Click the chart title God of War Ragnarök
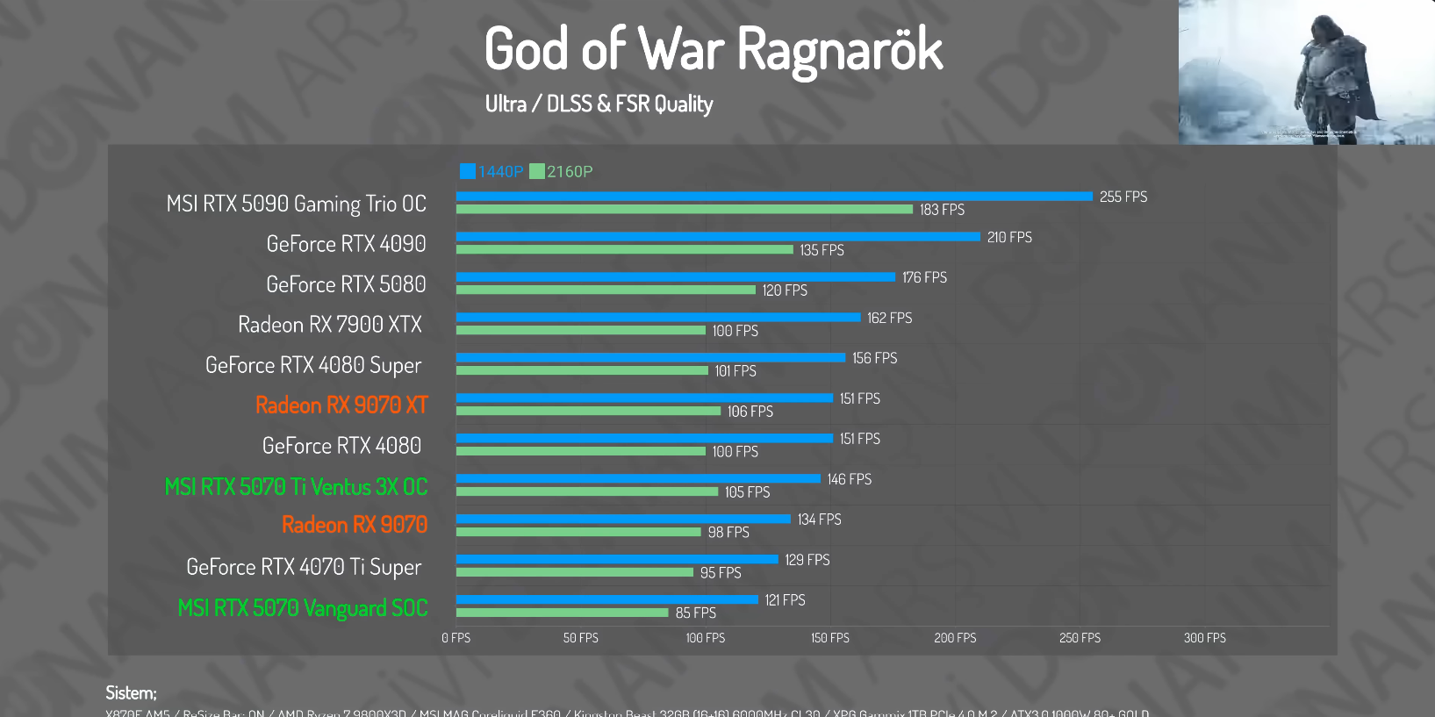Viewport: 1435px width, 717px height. click(x=713, y=49)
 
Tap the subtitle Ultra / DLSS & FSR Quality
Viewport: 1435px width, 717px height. click(x=599, y=104)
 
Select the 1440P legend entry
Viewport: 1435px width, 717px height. click(x=491, y=171)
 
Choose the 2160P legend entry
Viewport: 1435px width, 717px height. click(x=562, y=171)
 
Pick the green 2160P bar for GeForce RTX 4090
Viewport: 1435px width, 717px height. click(x=624, y=250)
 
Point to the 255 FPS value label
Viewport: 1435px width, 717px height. click(x=1123, y=197)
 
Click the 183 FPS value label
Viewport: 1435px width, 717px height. click(x=942, y=210)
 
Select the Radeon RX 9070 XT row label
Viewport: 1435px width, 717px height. click(x=341, y=405)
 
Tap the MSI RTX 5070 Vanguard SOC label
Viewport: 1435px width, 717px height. click(x=303, y=608)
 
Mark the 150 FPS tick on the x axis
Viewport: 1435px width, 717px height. click(x=830, y=638)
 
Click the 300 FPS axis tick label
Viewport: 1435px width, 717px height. click(x=1204, y=638)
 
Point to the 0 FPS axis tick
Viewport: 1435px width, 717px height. click(x=456, y=638)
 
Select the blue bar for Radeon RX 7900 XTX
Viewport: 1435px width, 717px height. click(x=658, y=318)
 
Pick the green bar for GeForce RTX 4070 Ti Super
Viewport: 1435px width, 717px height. click(x=575, y=573)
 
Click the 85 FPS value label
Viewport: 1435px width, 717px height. click(x=696, y=613)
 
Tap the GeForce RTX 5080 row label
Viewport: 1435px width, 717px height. click(x=346, y=284)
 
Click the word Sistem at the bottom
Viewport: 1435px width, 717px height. click(x=131, y=693)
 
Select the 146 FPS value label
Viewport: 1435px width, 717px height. click(x=850, y=479)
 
